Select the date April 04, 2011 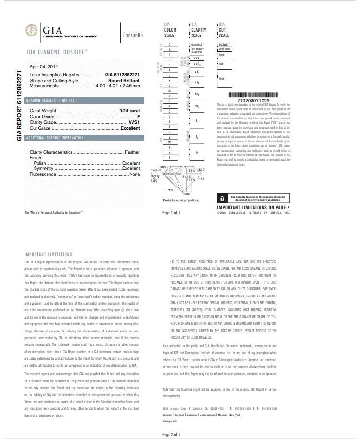(45, 67)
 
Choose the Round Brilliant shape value (124, 81)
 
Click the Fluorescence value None (134, 175)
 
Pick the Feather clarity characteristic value (132, 152)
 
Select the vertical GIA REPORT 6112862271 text (19, 106)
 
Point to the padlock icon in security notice (222, 198)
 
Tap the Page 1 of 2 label (171, 212)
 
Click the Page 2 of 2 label (171, 434)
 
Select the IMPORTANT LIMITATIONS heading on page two (48, 254)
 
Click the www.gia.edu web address (170, 421)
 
